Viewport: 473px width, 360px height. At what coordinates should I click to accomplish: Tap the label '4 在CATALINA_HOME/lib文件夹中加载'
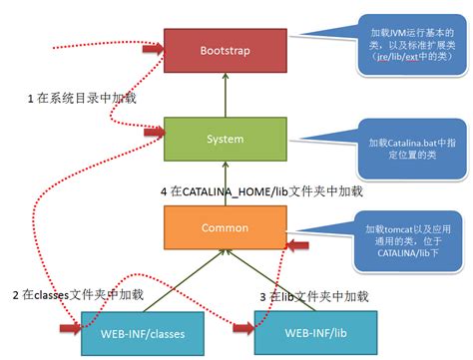tap(261, 189)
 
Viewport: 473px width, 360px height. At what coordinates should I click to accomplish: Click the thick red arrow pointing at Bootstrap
tap(153, 47)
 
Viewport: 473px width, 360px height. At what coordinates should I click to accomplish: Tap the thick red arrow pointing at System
tap(153, 130)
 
